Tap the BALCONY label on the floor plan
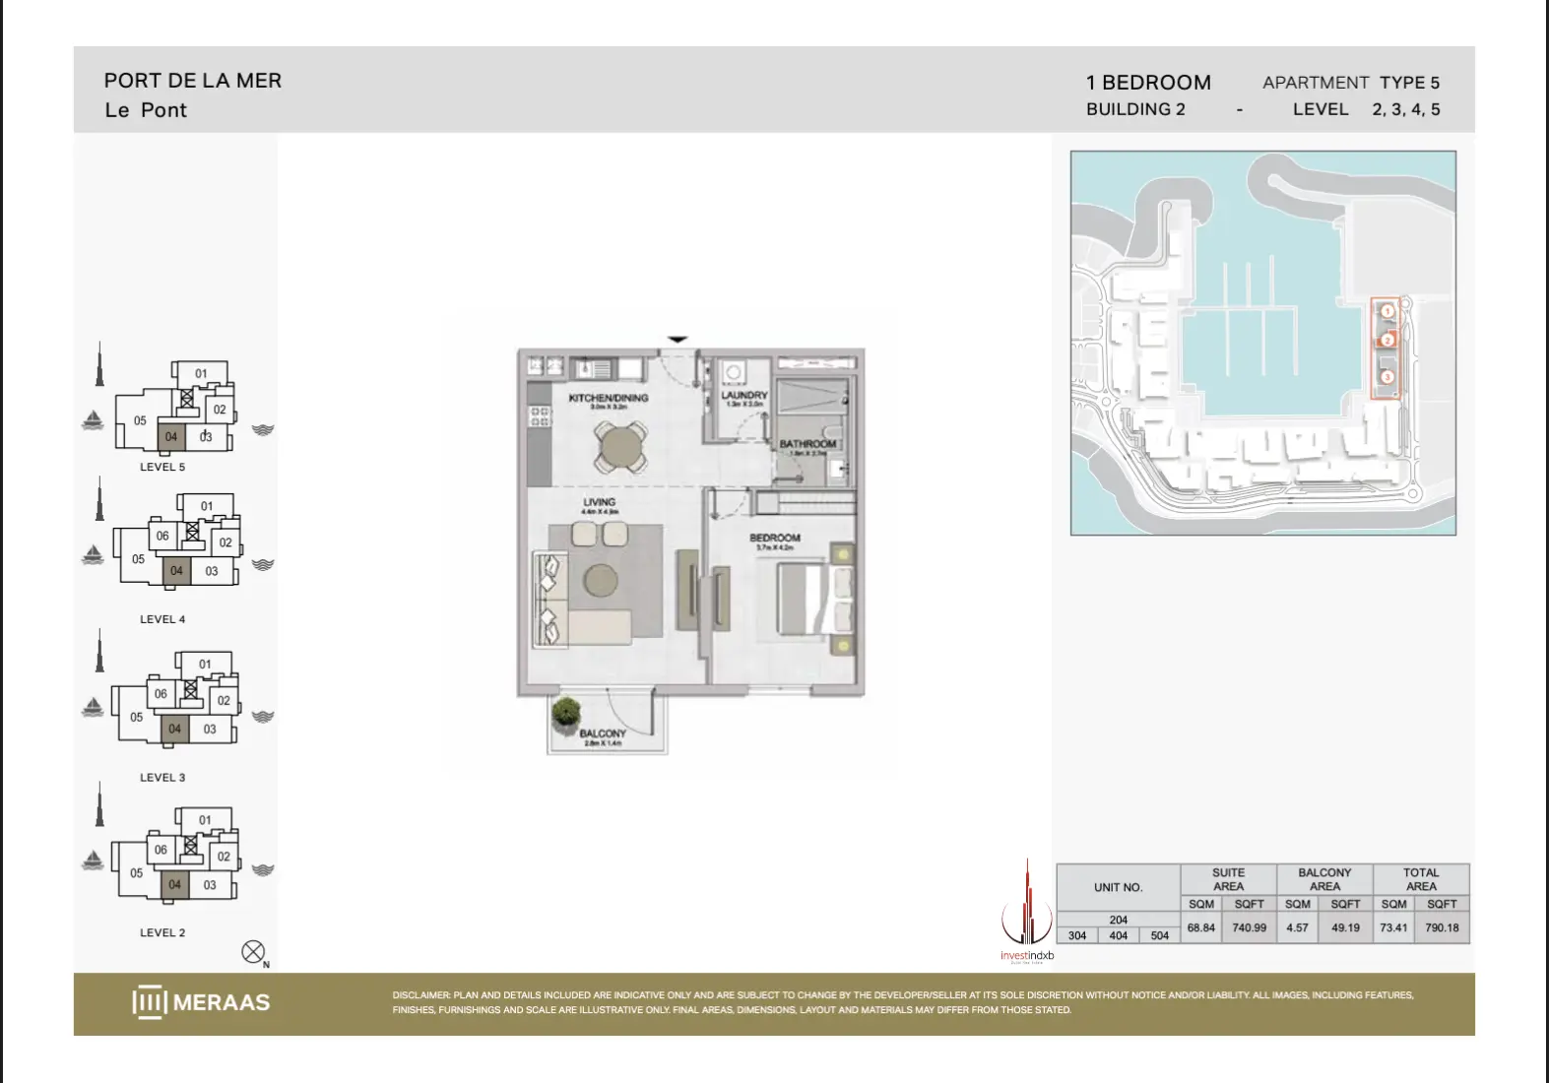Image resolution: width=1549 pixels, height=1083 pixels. [x=602, y=733]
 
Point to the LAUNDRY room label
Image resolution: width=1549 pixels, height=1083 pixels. [x=744, y=395]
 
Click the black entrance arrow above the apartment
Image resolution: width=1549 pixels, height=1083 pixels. [x=678, y=340]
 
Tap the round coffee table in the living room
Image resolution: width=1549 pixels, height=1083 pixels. [x=601, y=580]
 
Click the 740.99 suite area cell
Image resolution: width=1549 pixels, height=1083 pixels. [x=1249, y=927]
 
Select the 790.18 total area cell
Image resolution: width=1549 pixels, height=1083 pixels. [x=1442, y=927]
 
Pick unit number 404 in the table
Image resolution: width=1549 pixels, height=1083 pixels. [x=1118, y=935]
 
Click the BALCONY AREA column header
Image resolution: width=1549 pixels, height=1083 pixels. [x=1324, y=879]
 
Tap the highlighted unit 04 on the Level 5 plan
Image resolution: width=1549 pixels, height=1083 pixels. [x=171, y=436]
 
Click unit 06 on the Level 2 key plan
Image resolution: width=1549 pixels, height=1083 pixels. [x=161, y=850]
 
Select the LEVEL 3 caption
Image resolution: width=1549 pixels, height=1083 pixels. [x=162, y=777]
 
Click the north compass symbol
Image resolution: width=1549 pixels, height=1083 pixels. [x=253, y=952]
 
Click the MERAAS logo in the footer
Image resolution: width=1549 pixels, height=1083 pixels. [x=201, y=1002]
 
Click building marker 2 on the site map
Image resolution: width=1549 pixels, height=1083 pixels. [x=1388, y=341]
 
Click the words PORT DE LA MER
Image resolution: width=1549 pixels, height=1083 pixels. [x=193, y=81]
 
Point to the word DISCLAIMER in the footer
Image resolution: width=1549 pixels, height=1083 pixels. [x=420, y=995]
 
